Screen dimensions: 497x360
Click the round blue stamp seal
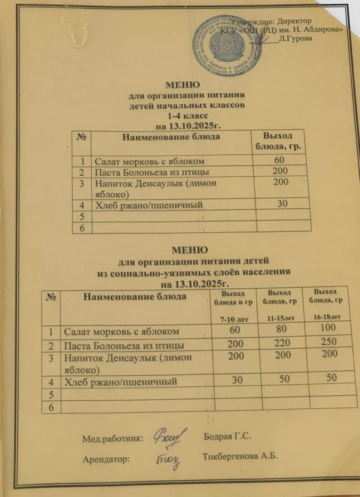click(227, 45)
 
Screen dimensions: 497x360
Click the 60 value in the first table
click(280, 160)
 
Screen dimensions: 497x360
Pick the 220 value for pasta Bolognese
click(283, 342)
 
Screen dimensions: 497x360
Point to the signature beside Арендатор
click(168, 460)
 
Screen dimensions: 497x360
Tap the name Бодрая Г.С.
click(228, 436)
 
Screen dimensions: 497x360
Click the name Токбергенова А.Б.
click(240, 456)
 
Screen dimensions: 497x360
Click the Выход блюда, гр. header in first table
click(277, 141)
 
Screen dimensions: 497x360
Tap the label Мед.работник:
click(113, 439)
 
